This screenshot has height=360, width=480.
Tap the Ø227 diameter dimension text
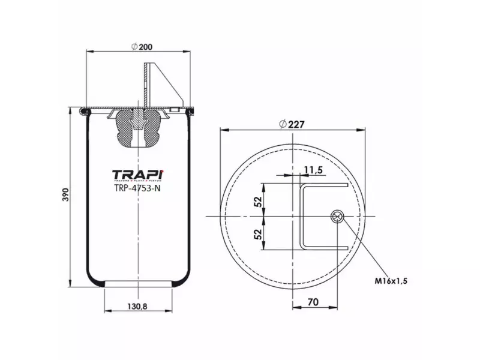tap(292, 124)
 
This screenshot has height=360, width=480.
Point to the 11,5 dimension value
tap(313, 170)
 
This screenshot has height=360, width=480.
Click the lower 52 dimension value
tap(259, 233)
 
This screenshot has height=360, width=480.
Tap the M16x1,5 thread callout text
tap(397, 280)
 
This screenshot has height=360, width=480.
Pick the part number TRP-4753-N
tap(137, 187)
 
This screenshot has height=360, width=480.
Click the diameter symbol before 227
tap(283, 124)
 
